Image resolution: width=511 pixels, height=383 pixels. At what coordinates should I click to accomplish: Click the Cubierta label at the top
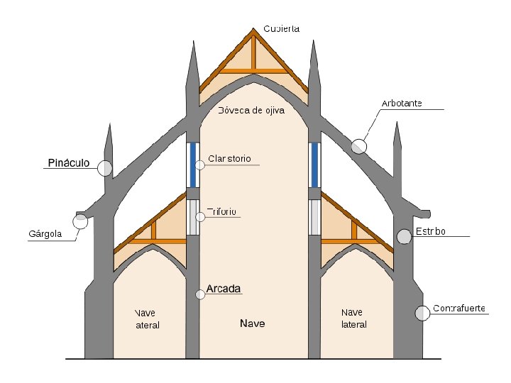click(x=282, y=29)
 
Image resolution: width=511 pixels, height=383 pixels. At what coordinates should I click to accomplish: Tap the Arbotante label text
click(x=402, y=104)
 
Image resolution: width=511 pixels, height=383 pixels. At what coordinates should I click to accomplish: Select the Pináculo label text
click(x=68, y=163)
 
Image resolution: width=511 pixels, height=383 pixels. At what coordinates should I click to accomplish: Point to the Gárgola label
click(x=45, y=233)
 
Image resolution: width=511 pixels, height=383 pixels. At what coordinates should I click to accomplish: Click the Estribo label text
click(x=431, y=231)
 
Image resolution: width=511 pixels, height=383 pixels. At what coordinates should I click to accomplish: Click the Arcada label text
click(x=224, y=289)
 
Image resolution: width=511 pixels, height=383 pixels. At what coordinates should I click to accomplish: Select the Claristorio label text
click(x=229, y=158)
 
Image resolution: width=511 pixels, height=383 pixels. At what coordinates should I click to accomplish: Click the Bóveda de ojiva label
click(x=251, y=110)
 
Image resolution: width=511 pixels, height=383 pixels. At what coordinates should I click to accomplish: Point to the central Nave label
click(x=252, y=323)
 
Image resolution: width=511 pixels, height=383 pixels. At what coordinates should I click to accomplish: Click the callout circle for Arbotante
click(x=359, y=146)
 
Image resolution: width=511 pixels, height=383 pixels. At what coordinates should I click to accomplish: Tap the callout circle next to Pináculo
click(x=105, y=168)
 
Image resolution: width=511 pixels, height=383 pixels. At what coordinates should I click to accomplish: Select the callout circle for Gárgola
click(x=80, y=221)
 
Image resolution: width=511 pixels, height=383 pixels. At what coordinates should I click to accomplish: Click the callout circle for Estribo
click(x=404, y=237)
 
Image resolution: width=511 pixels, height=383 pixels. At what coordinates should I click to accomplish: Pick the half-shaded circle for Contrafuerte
click(x=422, y=313)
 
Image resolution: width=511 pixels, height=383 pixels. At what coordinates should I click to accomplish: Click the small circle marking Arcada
click(x=200, y=294)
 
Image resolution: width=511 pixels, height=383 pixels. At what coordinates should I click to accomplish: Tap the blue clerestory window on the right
click(x=315, y=165)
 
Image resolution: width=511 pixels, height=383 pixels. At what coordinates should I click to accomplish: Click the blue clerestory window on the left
click(x=192, y=165)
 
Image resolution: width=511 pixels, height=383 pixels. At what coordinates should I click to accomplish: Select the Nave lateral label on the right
click(x=353, y=318)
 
